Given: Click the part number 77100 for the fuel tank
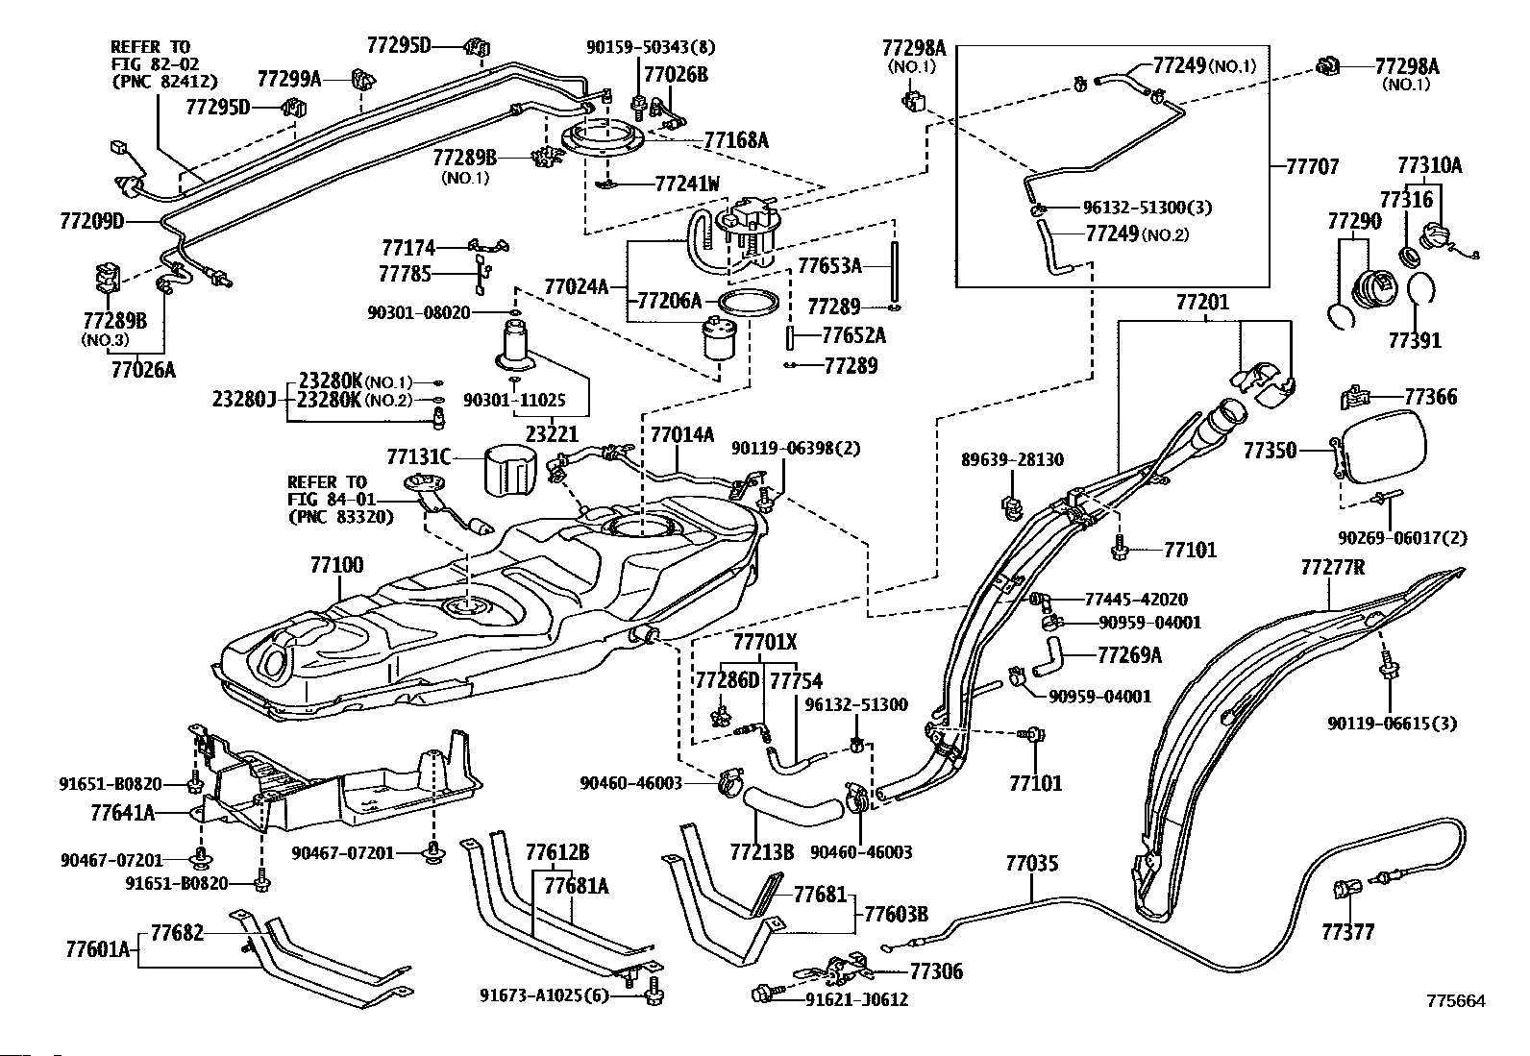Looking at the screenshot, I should pos(336,565).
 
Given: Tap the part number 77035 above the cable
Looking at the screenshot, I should pos(1032,864).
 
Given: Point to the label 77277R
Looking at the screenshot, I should pos(1333,568).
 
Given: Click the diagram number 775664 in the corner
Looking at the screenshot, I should pos(1455,1001).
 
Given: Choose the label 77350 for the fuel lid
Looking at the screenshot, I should pos(1271,450).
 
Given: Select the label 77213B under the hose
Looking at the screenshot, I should pos(762,851).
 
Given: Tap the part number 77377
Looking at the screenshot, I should pos(1348,932).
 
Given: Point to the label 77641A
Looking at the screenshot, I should pos(123,813).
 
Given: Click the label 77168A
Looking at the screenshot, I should pos(736,140).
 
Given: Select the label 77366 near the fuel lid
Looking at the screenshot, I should pos(1430,396).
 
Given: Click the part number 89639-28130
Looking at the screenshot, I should pos(1012,460).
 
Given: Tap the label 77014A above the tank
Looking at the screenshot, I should pos(682,435).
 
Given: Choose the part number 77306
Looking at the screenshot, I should pos(936,971).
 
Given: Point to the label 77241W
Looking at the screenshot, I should pos(687,184).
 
